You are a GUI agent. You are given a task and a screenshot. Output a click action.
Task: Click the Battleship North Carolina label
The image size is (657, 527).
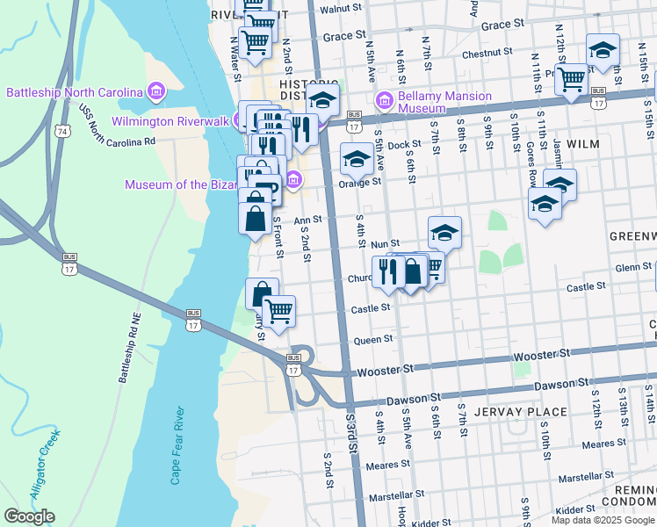pos(75,92)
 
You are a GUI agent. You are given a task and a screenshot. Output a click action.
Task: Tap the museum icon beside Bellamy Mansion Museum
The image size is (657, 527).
pos(383,97)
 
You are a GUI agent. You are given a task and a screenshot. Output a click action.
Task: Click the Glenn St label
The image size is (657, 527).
pos(632,268)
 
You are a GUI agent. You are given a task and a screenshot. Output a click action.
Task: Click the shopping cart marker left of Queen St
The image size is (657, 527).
pos(278,310)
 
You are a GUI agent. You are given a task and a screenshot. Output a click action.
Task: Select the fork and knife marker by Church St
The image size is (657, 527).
pos(386,271)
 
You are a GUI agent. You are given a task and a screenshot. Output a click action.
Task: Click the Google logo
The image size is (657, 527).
pos(29,516)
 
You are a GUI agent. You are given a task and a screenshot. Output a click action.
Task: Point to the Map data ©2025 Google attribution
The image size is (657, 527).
pos(603,520)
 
